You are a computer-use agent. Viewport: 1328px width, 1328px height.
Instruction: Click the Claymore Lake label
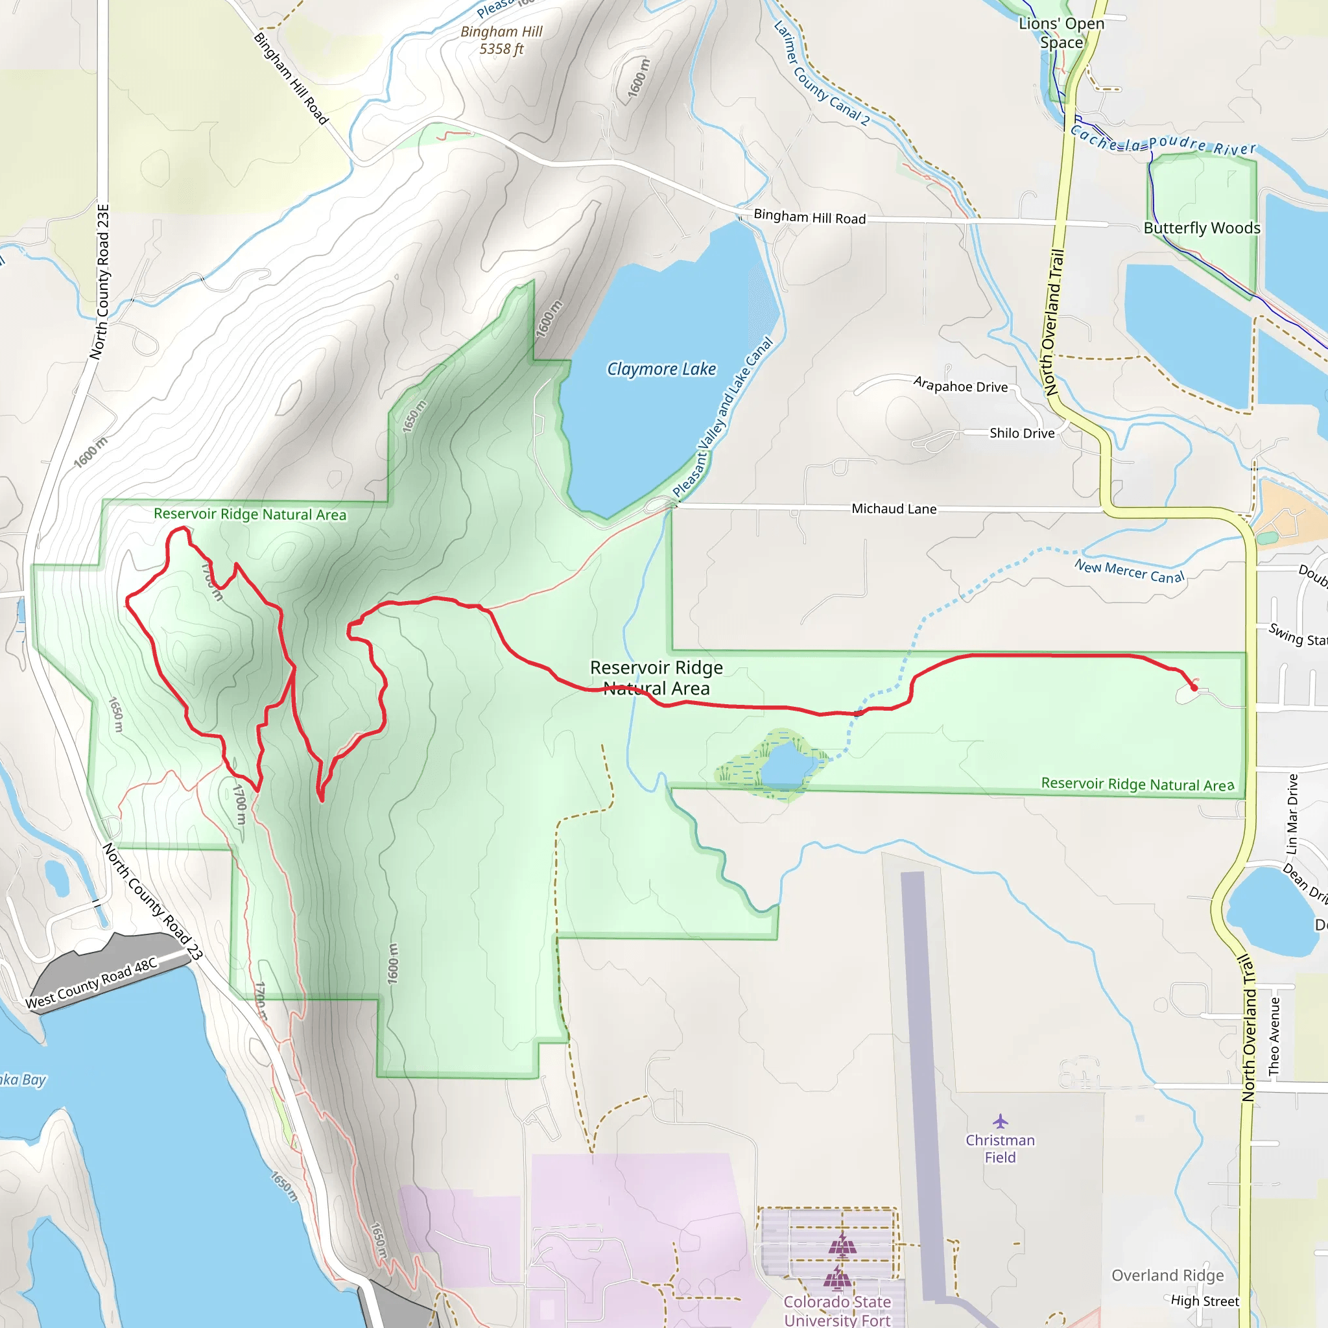point(661,369)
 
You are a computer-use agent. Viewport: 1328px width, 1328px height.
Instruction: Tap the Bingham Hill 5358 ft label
point(501,40)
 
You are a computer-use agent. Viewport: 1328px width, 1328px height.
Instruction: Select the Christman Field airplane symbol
point(1000,1121)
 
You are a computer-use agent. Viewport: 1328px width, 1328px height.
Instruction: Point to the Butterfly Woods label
point(1202,228)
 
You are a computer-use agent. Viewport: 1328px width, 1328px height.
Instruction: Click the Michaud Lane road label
point(894,508)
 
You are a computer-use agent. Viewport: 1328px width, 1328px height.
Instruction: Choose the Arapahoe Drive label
point(960,385)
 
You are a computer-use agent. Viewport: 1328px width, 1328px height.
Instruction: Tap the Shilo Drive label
point(1021,433)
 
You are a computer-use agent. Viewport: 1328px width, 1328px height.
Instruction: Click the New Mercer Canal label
point(1130,571)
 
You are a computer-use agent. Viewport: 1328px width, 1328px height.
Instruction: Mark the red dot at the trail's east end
point(1194,687)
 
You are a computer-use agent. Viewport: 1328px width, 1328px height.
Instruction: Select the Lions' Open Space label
point(1061,32)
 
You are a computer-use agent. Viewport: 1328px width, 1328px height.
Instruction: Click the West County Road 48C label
point(91,984)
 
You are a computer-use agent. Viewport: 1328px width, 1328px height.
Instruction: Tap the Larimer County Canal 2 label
point(822,73)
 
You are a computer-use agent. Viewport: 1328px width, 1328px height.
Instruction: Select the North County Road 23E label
point(100,281)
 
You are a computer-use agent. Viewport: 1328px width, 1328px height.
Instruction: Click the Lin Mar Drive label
point(1292,814)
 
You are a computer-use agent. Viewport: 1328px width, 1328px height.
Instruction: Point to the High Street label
point(1204,1301)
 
